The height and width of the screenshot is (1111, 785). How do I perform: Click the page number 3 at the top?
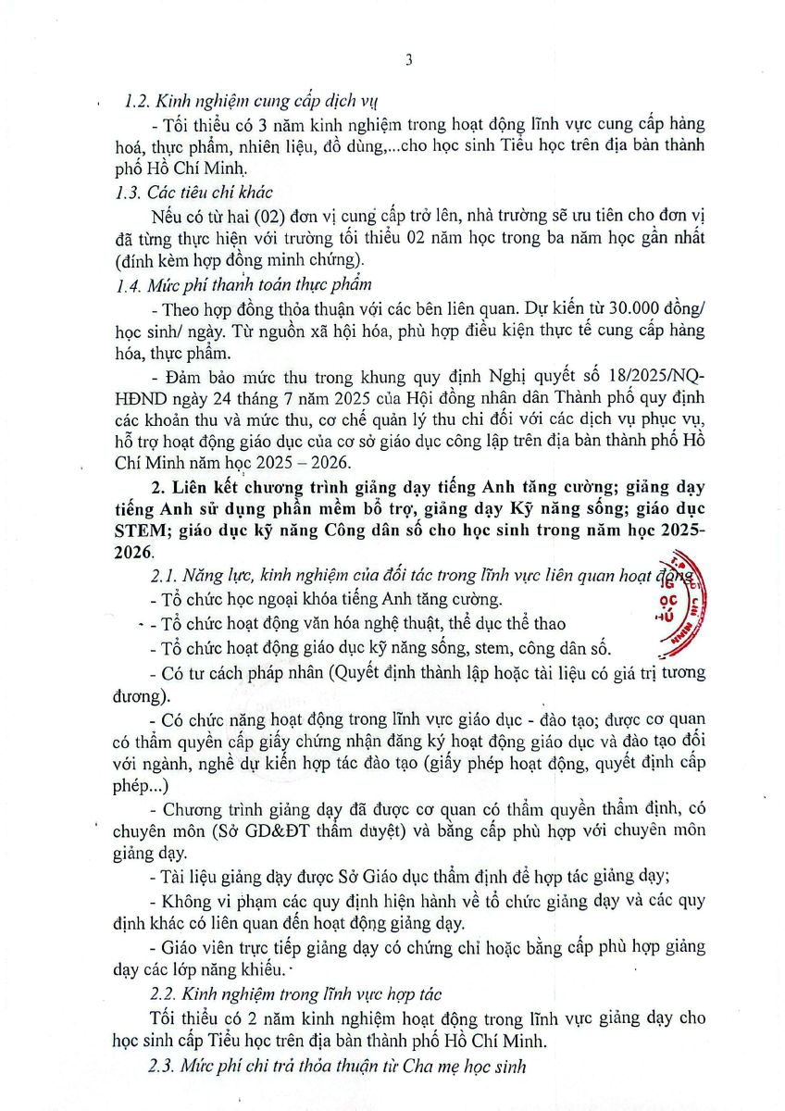(408, 60)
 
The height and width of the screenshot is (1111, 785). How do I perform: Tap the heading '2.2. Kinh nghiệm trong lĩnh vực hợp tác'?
(294, 993)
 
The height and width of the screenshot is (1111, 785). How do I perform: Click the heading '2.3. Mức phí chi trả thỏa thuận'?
(337, 1066)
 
